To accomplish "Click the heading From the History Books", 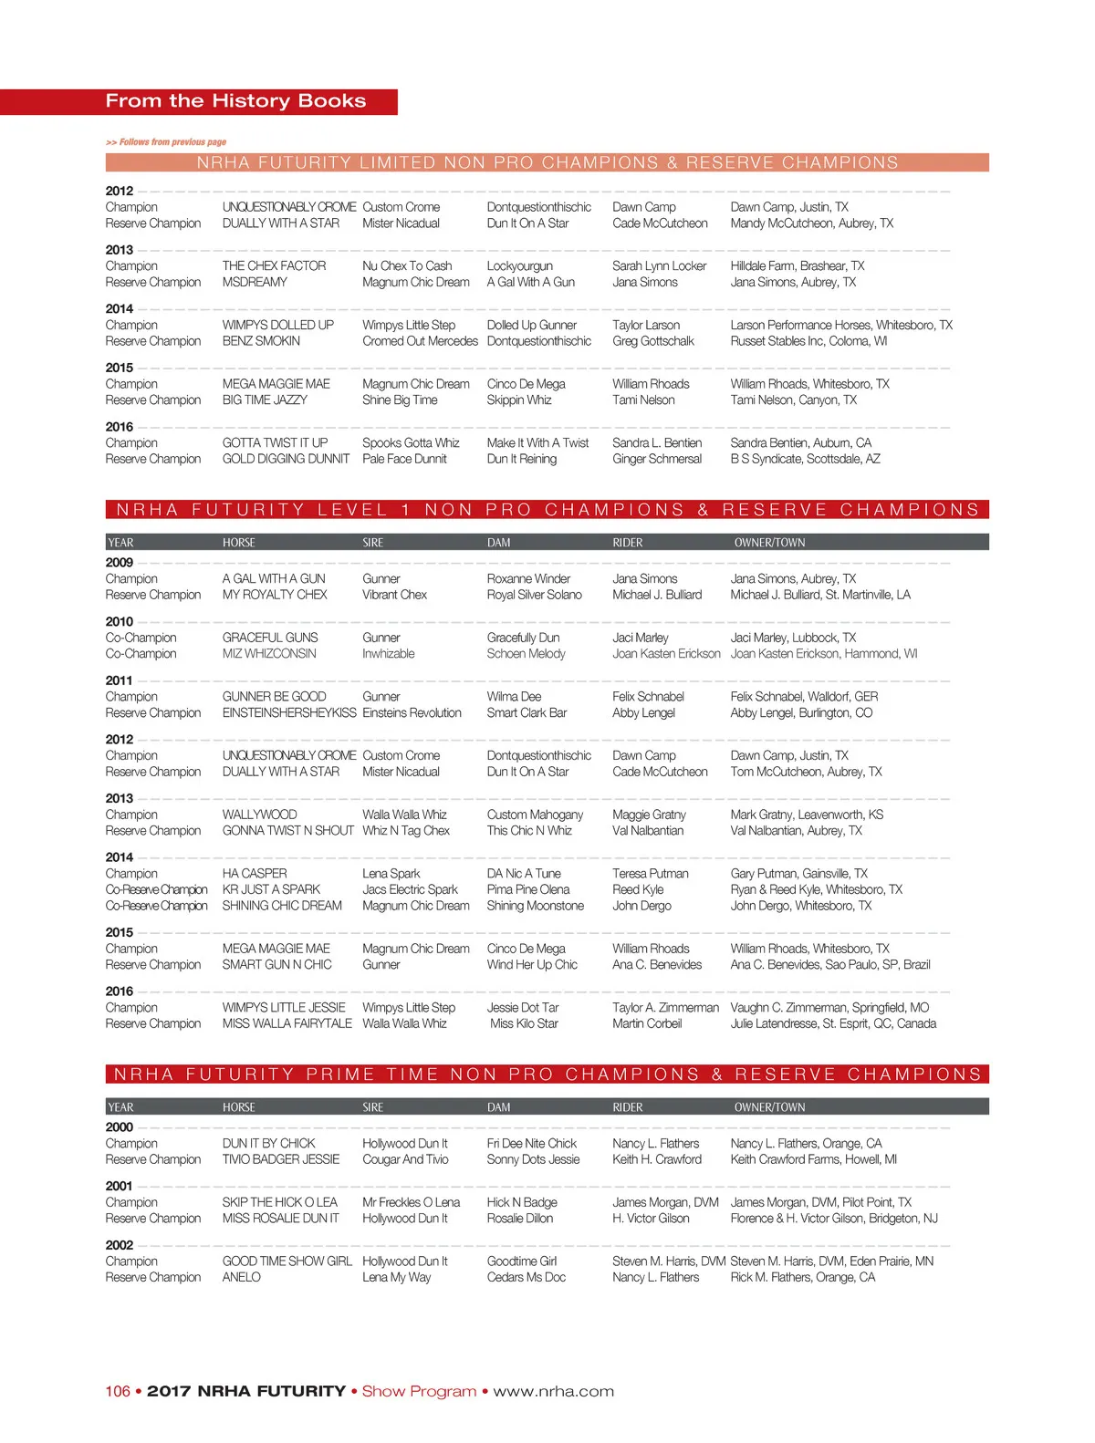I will click(x=235, y=101).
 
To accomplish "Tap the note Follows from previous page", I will click(x=166, y=142).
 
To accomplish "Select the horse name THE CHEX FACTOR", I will click(x=274, y=266).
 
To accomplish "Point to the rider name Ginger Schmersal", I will click(x=657, y=459).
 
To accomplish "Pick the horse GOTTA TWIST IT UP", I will click(x=275, y=443).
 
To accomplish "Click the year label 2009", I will click(x=120, y=563).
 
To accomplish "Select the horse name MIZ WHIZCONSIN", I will click(x=269, y=654).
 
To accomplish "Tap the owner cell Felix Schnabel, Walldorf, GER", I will click(x=804, y=697).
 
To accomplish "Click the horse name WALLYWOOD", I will click(x=259, y=815).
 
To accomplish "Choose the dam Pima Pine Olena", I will click(x=527, y=889).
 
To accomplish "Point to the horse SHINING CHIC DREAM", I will click(x=282, y=906).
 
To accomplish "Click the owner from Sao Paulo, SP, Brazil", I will click(x=829, y=965).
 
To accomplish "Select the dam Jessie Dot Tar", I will click(x=522, y=1008).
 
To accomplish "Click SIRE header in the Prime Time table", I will click(x=372, y=1107).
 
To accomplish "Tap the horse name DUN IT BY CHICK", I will click(x=268, y=1144).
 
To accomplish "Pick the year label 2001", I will click(x=120, y=1187).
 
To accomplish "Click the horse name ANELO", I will click(x=241, y=1278).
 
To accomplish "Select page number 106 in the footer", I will click(x=118, y=1392).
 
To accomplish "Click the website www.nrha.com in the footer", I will click(x=553, y=1392).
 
